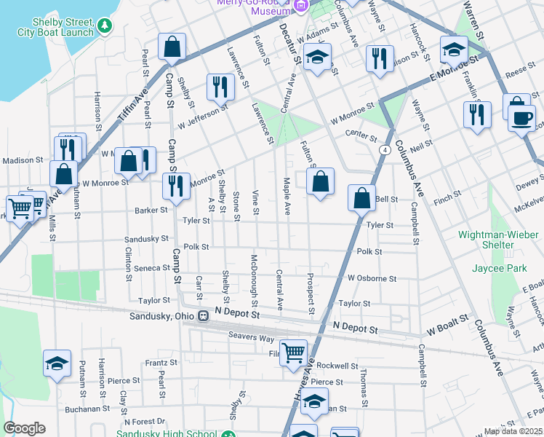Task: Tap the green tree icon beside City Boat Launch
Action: [105, 26]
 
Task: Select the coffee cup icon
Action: [522, 117]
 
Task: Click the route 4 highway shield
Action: [383, 149]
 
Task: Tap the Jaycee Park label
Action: [499, 269]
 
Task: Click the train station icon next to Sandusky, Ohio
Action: [204, 316]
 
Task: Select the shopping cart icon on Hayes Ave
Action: [294, 353]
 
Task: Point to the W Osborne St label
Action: [372, 278]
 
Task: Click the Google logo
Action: [24, 428]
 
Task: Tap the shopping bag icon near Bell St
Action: [361, 197]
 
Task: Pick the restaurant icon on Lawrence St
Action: [219, 87]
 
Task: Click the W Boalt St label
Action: [450, 329]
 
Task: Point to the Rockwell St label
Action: [337, 366]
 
